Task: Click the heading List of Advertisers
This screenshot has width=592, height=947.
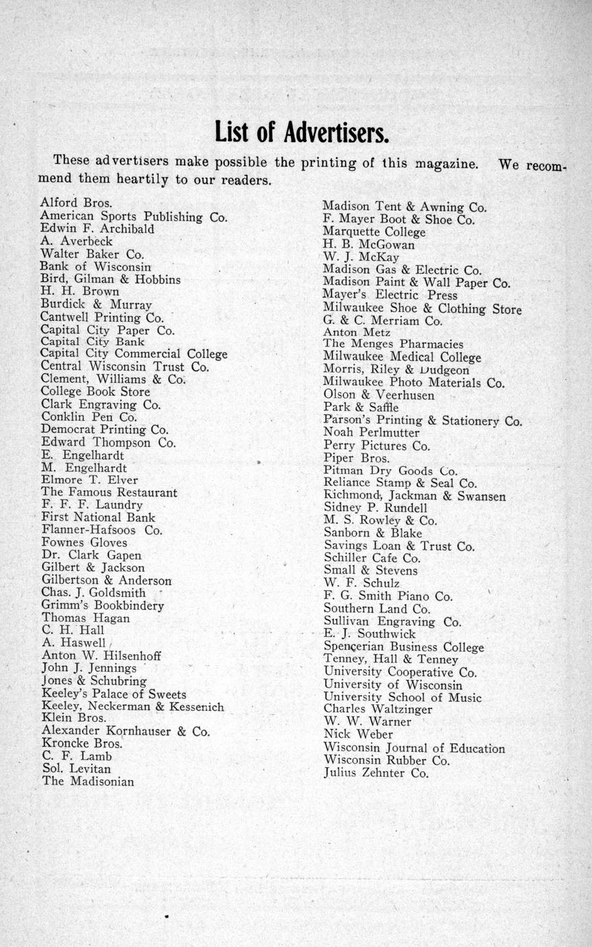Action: (302, 131)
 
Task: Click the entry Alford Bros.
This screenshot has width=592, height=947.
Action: (76, 203)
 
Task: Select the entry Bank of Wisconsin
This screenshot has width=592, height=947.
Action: (95, 266)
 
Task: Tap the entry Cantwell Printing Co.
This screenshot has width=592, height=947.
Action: (102, 317)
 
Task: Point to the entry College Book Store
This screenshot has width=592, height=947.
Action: (95, 392)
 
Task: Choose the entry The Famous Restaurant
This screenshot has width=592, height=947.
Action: (109, 492)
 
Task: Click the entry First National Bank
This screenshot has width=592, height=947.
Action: (98, 517)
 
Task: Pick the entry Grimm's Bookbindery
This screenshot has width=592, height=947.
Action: (103, 605)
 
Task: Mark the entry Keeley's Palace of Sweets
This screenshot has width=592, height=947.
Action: (114, 694)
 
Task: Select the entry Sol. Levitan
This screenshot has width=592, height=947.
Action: (76, 769)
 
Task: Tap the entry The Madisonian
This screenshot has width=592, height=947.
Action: (88, 781)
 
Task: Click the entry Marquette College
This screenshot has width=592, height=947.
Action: (374, 232)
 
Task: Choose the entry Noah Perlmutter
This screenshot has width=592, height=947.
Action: (371, 433)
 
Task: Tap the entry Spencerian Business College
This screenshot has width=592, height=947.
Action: (403, 646)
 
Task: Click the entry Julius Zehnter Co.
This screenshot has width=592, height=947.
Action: (376, 773)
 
